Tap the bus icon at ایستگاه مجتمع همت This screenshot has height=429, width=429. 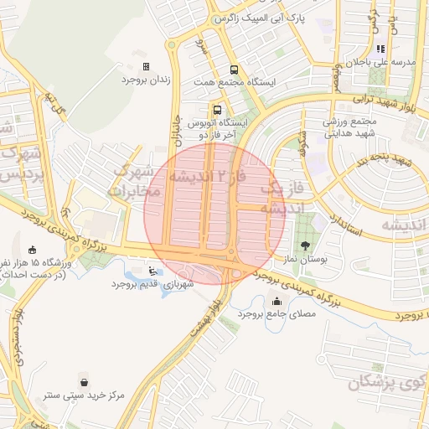tap(234, 71)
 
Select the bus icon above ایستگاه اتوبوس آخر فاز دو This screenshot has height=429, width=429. tap(218, 110)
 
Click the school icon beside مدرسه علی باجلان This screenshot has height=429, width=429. tap(380, 49)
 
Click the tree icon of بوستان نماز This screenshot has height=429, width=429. tap(303, 246)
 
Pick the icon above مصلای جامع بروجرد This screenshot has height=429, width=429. tap(277, 302)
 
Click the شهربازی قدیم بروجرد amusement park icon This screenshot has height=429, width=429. tap(151, 271)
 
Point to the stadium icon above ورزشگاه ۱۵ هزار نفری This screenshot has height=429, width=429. tap(32, 249)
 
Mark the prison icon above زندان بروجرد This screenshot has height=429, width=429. tap(147, 66)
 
